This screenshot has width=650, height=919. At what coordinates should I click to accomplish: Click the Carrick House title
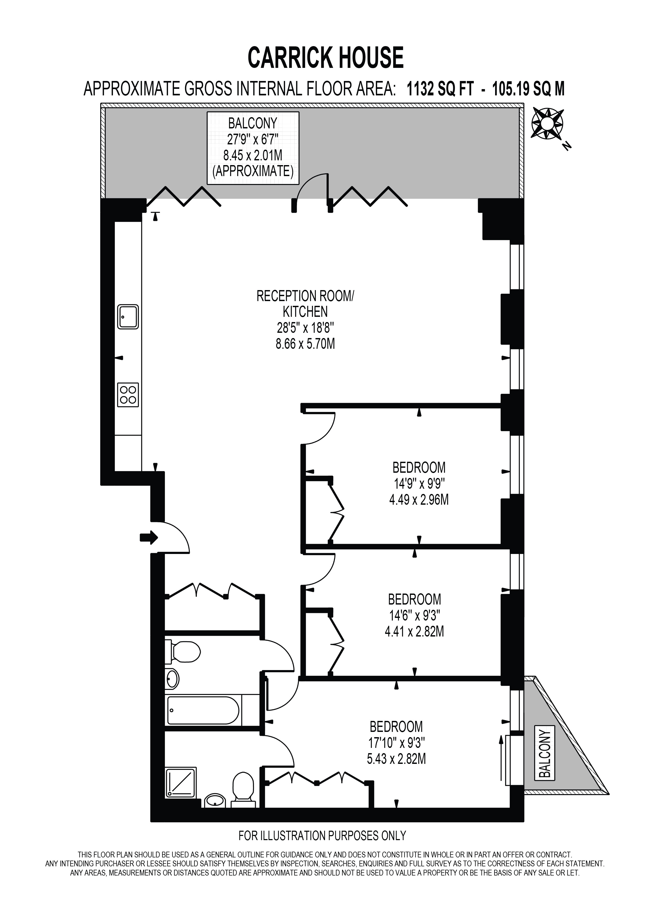point(326,58)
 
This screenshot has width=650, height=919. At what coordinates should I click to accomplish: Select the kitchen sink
point(128,317)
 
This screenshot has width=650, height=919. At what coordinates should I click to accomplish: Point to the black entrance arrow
point(149,537)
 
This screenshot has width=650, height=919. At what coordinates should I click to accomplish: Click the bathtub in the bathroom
point(204,710)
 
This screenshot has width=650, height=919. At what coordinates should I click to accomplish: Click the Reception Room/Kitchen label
point(305,304)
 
